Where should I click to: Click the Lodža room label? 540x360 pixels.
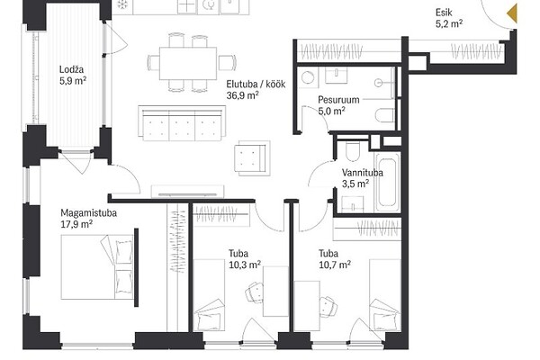71,69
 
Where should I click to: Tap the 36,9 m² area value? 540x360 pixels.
242,95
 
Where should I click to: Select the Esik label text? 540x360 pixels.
444,13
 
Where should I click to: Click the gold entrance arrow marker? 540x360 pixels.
512,13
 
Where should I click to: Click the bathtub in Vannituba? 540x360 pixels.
387,183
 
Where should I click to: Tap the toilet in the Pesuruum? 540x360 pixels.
384,115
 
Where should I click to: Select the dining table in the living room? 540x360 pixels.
188,63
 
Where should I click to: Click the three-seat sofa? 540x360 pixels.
182,123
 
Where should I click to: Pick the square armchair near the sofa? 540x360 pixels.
252,158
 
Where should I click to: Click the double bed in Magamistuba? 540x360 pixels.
97,266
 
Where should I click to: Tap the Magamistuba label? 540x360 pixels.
88,213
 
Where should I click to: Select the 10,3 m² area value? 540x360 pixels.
245,265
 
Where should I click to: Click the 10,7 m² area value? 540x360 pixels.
335,265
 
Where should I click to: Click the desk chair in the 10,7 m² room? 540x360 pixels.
328,307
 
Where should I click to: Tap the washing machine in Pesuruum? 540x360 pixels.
308,76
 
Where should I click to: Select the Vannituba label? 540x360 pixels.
363,173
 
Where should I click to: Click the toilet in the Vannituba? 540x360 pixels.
352,150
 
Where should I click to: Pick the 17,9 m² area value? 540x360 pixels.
76,224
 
